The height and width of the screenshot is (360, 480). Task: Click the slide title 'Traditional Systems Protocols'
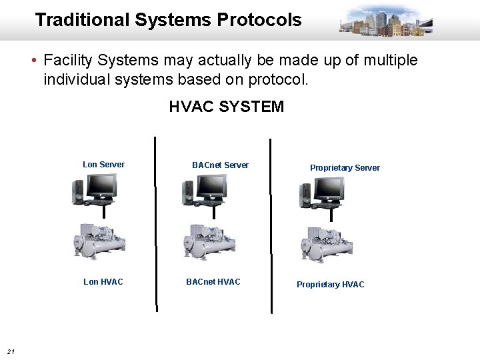[168, 20]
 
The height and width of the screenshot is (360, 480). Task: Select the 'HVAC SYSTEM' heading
[227, 107]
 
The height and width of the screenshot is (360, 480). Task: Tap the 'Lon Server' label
[103, 165]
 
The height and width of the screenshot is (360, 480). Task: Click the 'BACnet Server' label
[220, 165]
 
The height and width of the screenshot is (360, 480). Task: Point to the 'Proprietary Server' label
[345, 168]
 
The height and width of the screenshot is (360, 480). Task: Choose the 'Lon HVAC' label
[103, 282]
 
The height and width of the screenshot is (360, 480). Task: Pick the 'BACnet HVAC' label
[213, 282]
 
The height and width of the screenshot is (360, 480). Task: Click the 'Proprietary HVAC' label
[331, 285]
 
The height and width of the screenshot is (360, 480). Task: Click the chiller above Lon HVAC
[99, 241]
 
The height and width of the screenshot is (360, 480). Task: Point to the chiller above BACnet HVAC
[209, 242]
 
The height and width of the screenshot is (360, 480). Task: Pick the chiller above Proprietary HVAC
[326, 244]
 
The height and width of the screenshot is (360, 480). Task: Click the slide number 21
[11, 351]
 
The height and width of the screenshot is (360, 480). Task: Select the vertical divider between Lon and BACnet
[156, 224]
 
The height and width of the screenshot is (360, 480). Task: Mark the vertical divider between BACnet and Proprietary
[271, 225]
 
